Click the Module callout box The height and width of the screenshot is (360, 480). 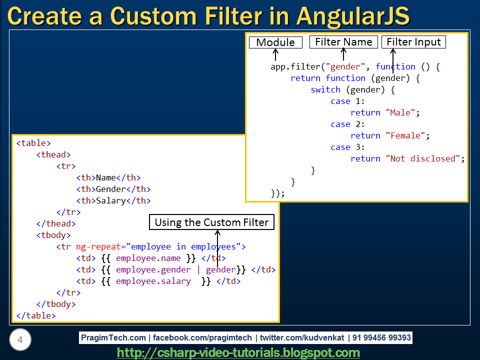pos(275,42)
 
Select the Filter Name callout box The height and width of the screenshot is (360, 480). pos(343,42)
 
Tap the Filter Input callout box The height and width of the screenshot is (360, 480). pos(414,42)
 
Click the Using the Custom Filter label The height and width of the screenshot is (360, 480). pos(211,222)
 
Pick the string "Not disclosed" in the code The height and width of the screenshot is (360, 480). pos(423,158)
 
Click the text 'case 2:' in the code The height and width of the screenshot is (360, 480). pos(347,124)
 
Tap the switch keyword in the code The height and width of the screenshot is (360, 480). pos(325,89)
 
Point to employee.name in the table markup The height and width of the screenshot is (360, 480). pos(148,258)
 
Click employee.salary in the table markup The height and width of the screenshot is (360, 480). pos(153,281)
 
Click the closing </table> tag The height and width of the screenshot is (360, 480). pos(36,315)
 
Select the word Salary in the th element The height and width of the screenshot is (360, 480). pos(110,200)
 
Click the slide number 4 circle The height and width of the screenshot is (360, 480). pos(20,340)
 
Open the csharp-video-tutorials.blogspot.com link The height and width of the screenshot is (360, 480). pos(238,352)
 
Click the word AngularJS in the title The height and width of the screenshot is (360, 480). pos(353,16)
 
